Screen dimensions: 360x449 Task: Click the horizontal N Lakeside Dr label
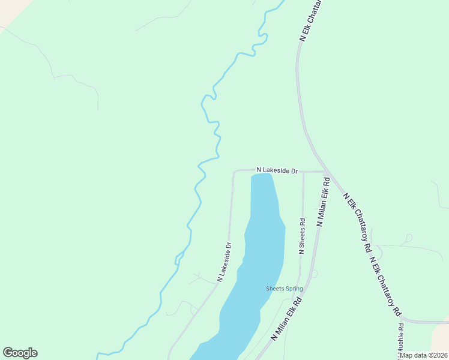[x=277, y=170]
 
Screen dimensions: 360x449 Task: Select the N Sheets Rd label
[x=302, y=236]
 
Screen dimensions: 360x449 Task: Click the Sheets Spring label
[x=285, y=289]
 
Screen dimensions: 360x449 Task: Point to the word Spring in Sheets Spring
[x=294, y=289]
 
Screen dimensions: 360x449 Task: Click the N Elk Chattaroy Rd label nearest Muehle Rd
[x=385, y=287]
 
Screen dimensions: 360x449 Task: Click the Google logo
[x=20, y=353]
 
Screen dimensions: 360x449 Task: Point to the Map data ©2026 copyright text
[x=424, y=355]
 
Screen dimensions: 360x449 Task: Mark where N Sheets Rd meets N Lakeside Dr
[x=303, y=172]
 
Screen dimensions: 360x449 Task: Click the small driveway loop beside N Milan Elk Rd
[x=314, y=274]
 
